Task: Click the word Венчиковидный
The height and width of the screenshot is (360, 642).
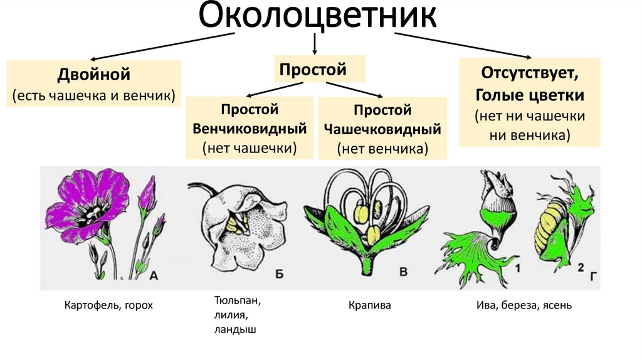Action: click(250, 129)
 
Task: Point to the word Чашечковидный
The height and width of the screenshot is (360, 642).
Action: click(382, 129)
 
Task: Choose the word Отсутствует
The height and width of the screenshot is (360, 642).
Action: click(529, 73)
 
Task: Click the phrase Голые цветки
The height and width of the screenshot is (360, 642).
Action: click(530, 95)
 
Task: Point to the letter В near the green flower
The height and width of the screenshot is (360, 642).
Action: click(404, 272)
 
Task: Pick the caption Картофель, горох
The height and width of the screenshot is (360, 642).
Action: click(108, 305)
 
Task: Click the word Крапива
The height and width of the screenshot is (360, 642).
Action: click(370, 306)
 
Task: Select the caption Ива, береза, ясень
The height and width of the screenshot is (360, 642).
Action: click(524, 306)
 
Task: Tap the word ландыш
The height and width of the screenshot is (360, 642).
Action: click(235, 329)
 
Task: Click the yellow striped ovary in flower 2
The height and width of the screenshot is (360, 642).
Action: click(548, 223)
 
